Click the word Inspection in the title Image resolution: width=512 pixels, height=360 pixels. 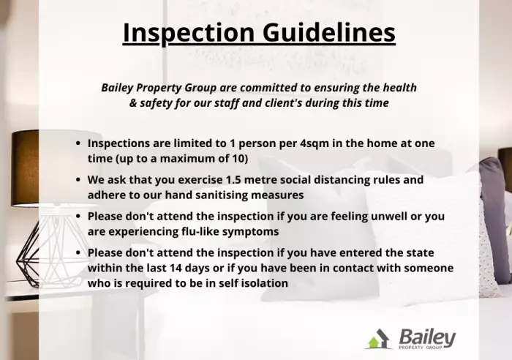click(x=189, y=34)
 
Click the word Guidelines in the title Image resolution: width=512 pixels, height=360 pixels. click(x=329, y=33)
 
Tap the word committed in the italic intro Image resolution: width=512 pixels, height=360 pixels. click(x=274, y=88)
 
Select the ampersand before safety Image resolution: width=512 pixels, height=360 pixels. click(x=133, y=103)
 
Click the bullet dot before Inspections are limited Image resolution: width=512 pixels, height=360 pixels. click(x=78, y=143)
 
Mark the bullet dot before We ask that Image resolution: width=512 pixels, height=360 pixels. click(x=78, y=180)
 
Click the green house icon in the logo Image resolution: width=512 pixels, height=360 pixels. click(x=374, y=342)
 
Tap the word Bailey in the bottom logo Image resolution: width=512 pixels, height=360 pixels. click(x=427, y=337)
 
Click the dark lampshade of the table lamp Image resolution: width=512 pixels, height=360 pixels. click(x=25, y=168)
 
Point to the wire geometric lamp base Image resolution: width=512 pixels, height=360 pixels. click(x=29, y=252)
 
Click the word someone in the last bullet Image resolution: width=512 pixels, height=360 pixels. click(x=429, y=268)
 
